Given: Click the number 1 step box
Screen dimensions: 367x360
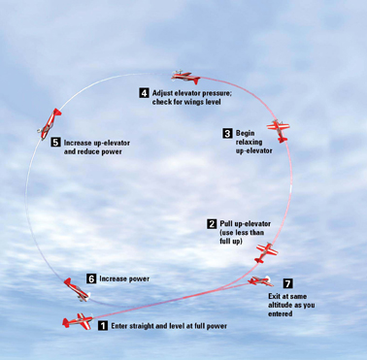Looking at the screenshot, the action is pyautogui.click(x=103, y=326).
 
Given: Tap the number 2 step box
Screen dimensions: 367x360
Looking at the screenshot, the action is pyautogui.click(x=212, y=224).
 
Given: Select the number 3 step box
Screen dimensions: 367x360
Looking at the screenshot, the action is pyautogui.click(x=227, y=133).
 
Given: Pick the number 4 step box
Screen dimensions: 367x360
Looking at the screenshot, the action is pyautogui.click(x=144, y=93).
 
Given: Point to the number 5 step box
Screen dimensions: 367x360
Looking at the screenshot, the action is pyautogui.click(x=55, y=143).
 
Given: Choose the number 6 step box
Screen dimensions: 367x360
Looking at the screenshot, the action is pyautogui.click(x=91, y=278).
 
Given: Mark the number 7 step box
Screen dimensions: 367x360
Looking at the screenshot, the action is pyautogui.click(x=287, y=283).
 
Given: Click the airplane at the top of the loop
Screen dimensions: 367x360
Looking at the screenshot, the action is pyautogui.click(x=185, y=77).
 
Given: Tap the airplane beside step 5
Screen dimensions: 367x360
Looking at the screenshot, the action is pyautogui.click(x=50, y=124).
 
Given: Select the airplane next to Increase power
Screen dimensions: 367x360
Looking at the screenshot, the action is pyautogui.click(x=78, y=290).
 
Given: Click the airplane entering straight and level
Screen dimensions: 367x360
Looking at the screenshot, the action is pyautogui.click(x=78, y=321).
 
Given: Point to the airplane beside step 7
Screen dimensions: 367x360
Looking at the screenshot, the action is pyautogui.click(x=260, y=281).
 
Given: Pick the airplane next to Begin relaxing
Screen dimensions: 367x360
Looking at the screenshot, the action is pyautogui.click(x=279, y=131).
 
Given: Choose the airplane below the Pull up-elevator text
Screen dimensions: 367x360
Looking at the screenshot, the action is pyautogui.click(x=266, y=252).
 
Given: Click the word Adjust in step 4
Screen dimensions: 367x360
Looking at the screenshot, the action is pyautogui.click(x=163, y=93).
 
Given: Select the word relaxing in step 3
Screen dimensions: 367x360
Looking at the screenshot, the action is pyautogui.click(x=249, y=143).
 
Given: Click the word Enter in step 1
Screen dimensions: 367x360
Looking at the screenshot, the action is pyautogui.click(x=119, y=326).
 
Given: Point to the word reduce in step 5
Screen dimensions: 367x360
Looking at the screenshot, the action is pyautogui.click(x=87, y=151).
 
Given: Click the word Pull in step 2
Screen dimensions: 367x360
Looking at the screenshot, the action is pyautogui.click(x=225, y=224).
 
